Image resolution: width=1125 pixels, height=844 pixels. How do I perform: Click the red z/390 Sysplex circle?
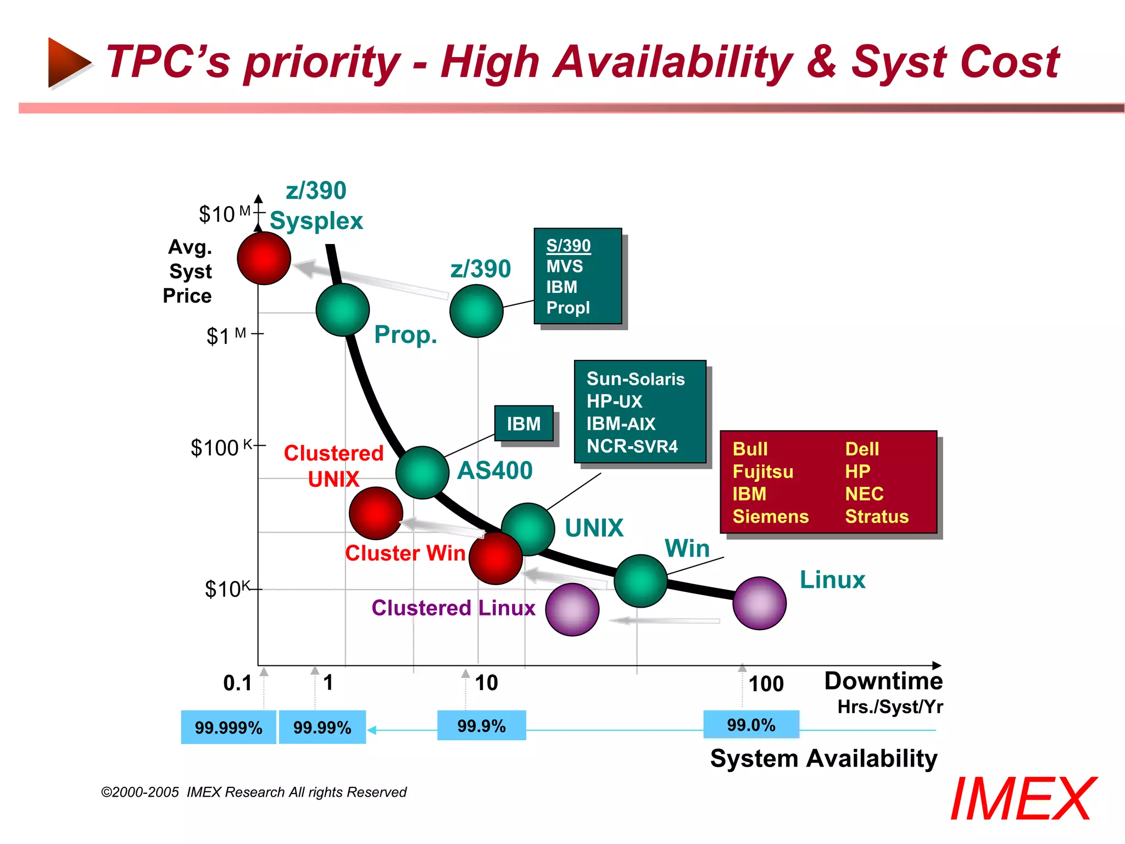[x=264, y=258]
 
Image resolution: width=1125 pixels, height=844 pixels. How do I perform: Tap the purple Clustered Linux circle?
[x=572, y=609]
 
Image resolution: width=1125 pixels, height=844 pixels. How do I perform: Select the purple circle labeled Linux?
[x=759, y=603]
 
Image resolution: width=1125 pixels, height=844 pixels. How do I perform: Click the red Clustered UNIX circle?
[x=376, y=513]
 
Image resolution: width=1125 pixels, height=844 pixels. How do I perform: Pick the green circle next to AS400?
[x=422, y=473]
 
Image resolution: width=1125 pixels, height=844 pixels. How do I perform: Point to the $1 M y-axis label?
[x=226, y=335]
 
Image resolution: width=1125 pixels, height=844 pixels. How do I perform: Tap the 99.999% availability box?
[x=229, y=727]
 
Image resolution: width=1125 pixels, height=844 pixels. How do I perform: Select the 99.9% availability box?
[x=481, y=725]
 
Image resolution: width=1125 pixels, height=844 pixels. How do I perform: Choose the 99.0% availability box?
[x=751, y=724]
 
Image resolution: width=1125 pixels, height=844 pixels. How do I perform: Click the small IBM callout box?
[x=523, y=424]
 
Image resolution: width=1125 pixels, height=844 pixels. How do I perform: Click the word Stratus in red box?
[x=876, y=517]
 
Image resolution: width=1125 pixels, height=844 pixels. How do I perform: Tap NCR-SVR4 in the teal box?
[x=632, y=446]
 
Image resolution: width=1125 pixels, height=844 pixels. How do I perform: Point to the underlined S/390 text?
[x=568, y=246]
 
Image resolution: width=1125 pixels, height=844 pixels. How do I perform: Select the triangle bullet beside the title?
[x=68, y=62]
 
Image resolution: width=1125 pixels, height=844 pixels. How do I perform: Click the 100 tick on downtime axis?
[x=766, y=684]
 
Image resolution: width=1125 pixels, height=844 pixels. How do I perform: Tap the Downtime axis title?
[x=883, y=681]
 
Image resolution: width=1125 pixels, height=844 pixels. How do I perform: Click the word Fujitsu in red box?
[x=762, y=471]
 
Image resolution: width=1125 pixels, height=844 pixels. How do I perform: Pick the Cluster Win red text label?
[x=405, y=553]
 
